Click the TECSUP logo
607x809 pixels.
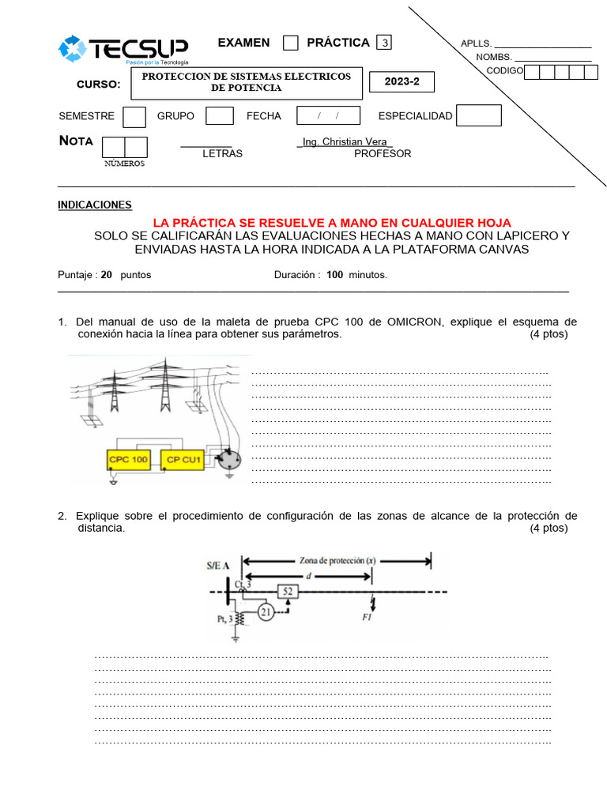coord(123,50)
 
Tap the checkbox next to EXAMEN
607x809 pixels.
coord(290,43)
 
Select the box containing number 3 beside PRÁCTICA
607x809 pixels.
coord(385,43)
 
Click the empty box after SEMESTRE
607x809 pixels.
coord(134,116)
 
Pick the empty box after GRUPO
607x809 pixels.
coord(219,116)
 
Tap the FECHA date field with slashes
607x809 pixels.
coord(328,116)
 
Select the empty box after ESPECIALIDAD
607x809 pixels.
coord(479,115)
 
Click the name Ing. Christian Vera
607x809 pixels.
coord(345,141)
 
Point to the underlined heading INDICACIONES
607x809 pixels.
coord(95,205)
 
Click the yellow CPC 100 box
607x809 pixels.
coord(128,459)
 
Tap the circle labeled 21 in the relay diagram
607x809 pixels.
coord(266,612)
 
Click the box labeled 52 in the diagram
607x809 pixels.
coord(288,590)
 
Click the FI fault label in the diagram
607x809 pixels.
coord(368,617)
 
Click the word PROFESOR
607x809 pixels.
coord(383,153)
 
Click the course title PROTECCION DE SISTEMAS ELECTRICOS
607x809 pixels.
coord(246,77)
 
